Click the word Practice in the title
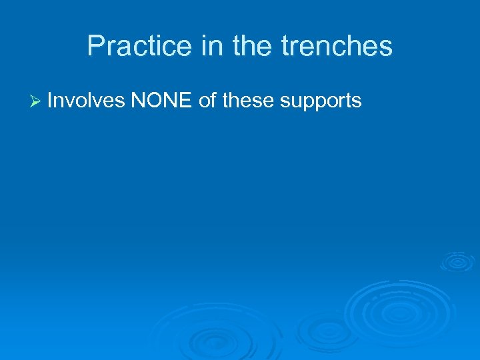(x=127, y=46)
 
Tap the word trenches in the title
(x=337, y=46)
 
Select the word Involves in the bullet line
(x=86, y=101)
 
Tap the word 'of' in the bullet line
(x=207, y=101)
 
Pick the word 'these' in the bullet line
(x=249, y=101)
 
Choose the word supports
(x=321, y=102)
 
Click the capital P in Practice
(x=95, y=46)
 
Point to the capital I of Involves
(x=50, y=101)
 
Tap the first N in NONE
(x=138, y=101)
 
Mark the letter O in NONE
(x=154, y=101)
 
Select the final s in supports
(x=357, y=102)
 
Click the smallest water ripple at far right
(x=457, y=261)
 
